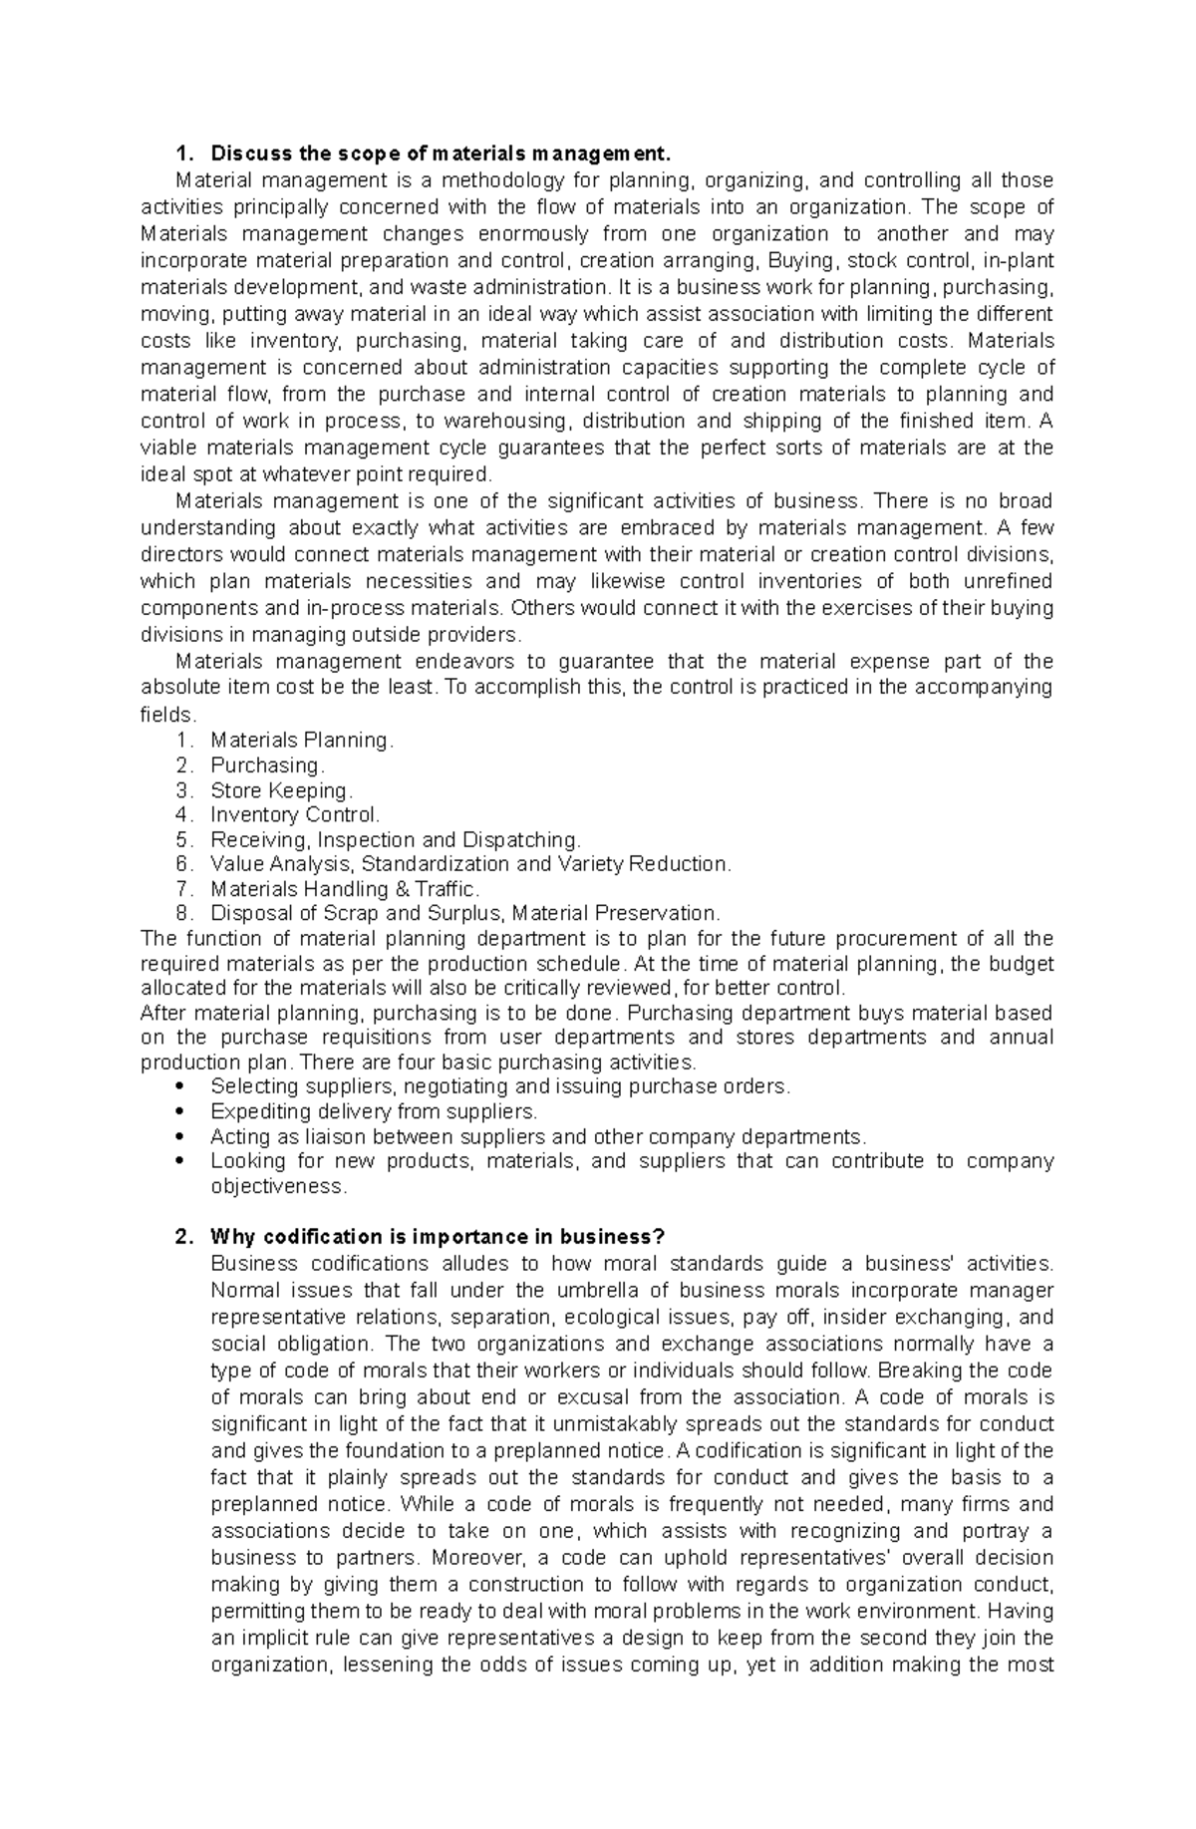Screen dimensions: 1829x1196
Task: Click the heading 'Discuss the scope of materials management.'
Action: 435,153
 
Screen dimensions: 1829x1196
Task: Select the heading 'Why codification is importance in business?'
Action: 437,1237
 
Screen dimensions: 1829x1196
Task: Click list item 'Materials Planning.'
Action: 302,741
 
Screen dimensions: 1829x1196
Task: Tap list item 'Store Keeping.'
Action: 282,790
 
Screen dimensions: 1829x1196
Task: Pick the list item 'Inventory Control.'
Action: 295,814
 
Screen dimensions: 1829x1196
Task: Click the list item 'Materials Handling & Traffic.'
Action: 345,889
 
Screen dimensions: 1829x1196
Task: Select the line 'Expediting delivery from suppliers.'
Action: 374,1111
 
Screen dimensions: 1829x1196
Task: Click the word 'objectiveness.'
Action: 278,1186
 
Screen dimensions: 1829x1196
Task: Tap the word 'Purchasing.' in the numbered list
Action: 267,765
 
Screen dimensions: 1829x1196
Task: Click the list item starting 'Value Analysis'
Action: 470,864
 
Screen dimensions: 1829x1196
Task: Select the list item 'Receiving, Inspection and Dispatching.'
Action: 395,839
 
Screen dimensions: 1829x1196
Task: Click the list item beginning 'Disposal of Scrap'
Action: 464,913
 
